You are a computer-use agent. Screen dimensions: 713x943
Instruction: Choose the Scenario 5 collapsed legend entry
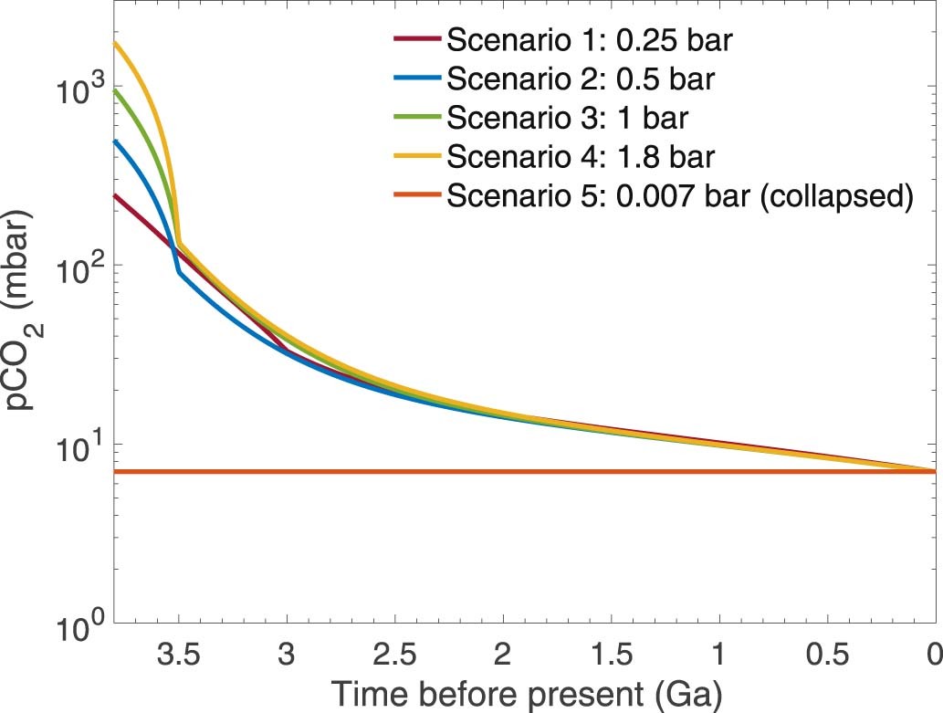point(680,196)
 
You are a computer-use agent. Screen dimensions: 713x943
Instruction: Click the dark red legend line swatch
point(418,41)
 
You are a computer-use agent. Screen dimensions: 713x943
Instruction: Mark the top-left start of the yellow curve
point(115,43)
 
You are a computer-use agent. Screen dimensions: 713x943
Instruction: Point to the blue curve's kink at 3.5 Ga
point(180,272)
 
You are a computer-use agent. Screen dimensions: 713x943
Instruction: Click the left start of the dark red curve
point(115,194)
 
